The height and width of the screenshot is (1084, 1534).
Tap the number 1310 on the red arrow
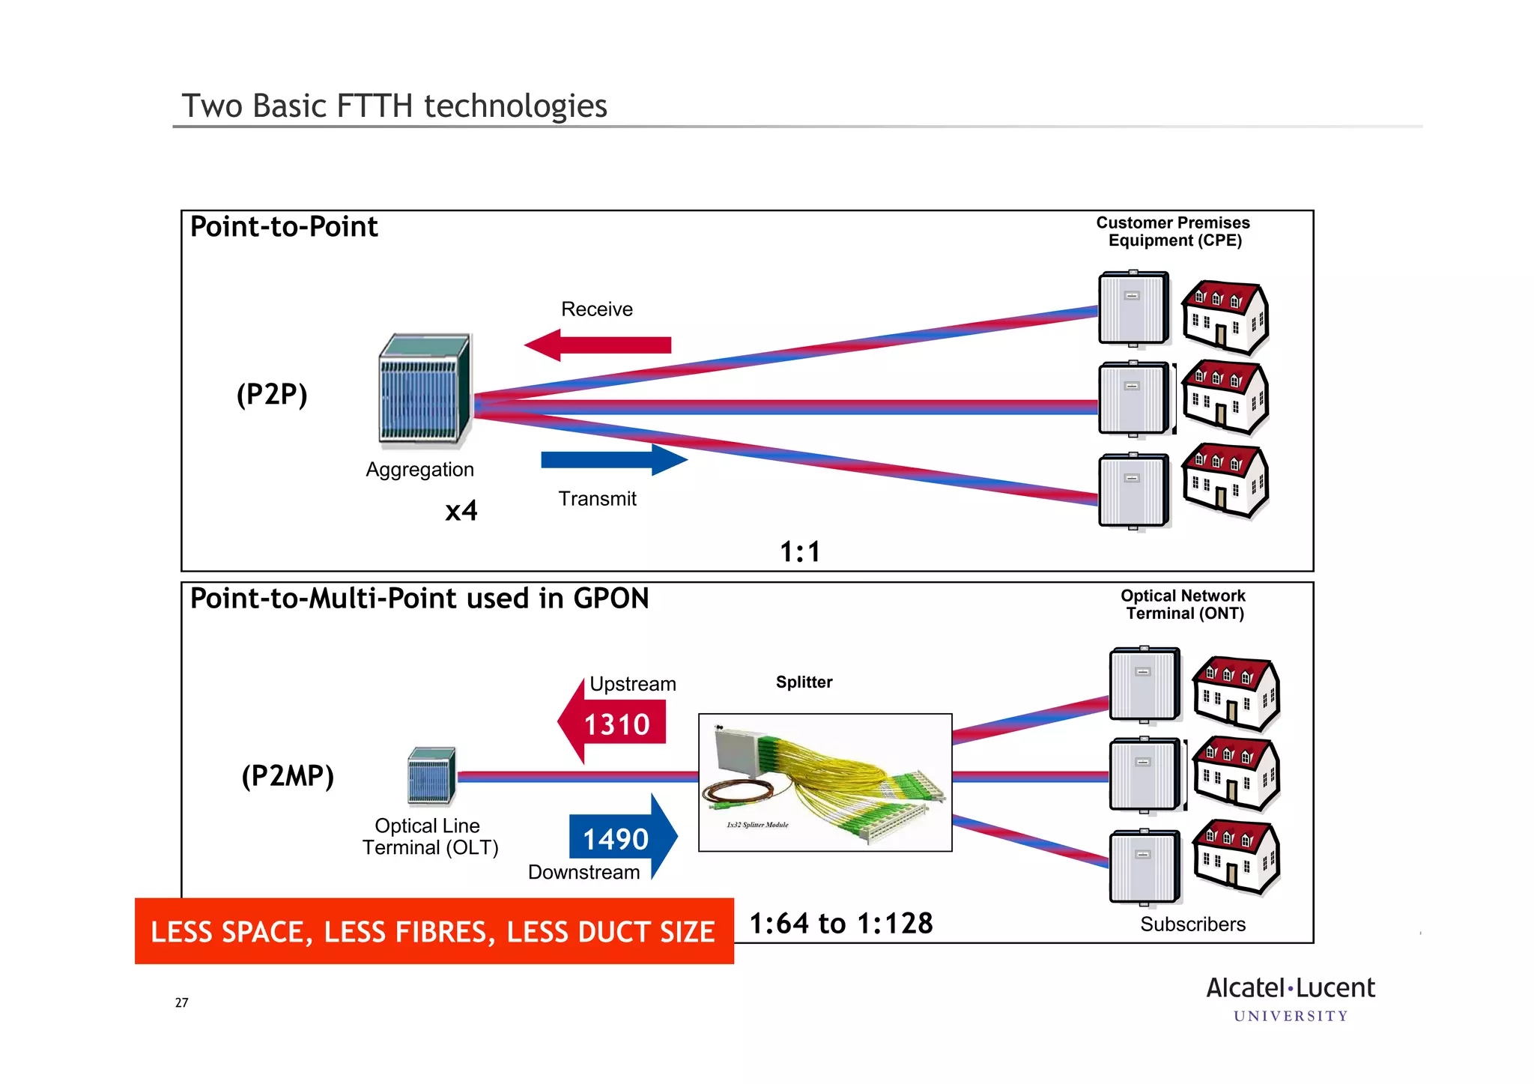(x=616, y=724)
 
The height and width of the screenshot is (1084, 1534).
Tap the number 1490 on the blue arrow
(x=616, y=839)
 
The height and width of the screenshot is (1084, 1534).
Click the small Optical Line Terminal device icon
(x=431, y=775)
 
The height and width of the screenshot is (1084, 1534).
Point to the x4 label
(x=461, y=511)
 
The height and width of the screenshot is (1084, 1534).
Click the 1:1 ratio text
(x=800, y=552)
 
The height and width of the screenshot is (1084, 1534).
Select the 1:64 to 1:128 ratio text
(x=841, y=924)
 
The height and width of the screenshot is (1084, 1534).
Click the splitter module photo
(x=825, y=782)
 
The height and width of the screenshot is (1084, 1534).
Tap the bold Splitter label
(x=804, y=682)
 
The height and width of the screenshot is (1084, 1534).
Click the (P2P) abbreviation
(x=272, y=394)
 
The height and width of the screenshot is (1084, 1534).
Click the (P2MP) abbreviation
(x=288, y=775)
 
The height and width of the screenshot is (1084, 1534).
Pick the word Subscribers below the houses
(x=1192, y=924)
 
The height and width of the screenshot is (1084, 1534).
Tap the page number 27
(x=181, y=1002)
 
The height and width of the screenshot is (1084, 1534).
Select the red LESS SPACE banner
(x=434, y=931)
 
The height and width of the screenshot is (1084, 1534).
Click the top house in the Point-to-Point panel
(x=1225, y=316)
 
